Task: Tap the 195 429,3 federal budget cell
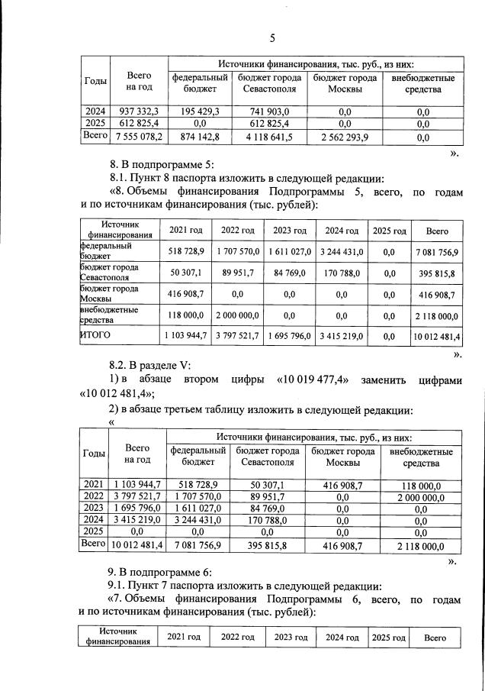(199, 111)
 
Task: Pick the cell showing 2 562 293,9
(342, 137)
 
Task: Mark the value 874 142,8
(199, 137)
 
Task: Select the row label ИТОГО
(95, 334)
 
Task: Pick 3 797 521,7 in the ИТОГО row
(237, 335)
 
